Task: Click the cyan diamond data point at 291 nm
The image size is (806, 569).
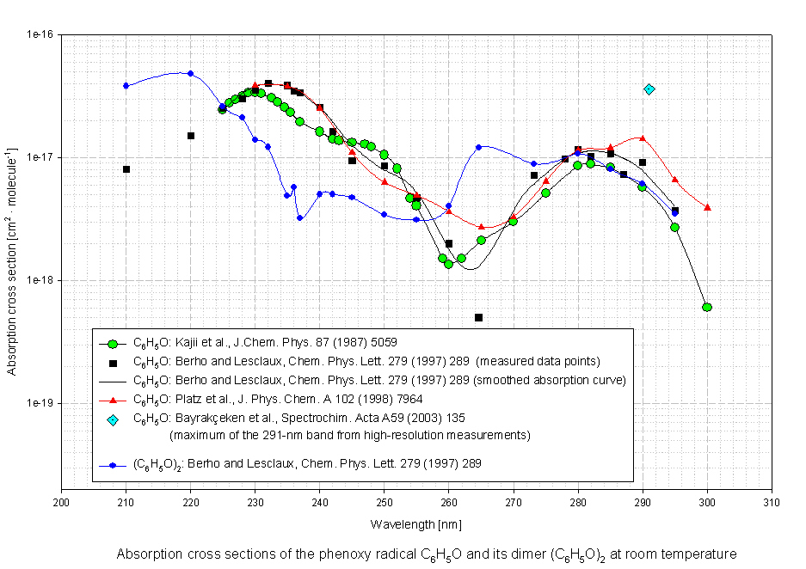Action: coord(649,89)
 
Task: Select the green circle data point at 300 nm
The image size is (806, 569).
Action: coord(707,307)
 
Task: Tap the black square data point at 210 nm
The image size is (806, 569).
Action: coord(126,169)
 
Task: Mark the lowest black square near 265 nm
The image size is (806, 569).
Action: coord(478,318)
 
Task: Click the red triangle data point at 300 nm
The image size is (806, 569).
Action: coord(707,207)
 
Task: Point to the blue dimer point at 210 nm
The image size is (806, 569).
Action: coord(126,86)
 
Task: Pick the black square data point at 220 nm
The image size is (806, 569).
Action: coord(191,136)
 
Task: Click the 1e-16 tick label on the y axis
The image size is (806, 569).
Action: coord(40,35)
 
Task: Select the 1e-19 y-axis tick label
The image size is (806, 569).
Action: coord(40,403)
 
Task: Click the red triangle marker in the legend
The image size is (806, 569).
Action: coord(113,400)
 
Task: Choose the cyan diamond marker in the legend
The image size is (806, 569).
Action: coord(113,419)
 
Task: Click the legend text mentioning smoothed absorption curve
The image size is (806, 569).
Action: coord(379,379)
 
